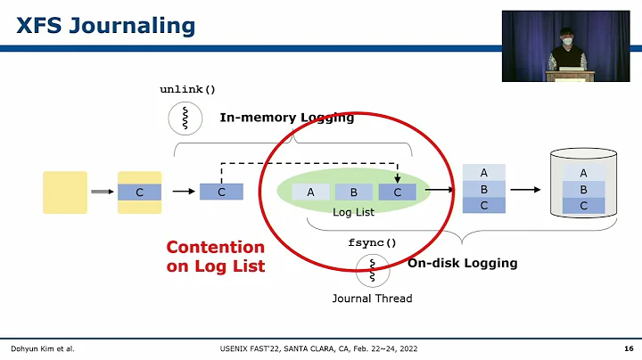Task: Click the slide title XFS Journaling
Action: [x=106, y=26]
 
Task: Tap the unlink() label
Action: [x=187, y=89]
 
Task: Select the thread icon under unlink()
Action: [x=185, y=118]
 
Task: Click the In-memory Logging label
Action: [x=287, y=118]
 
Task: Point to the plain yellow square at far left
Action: [x=65, y=192]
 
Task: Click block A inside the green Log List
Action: [x=310, y=192]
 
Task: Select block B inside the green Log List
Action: [x=353, y=192]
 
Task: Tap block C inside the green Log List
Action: [x=397, y=192]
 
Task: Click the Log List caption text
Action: [x=353, y=212]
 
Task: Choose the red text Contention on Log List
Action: [x=216, y=257]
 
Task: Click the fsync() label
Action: [x=372, y=242]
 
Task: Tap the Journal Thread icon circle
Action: [x=372, y=270]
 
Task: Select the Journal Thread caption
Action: [x=372, y=299]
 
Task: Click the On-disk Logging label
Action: [x=462, y=264]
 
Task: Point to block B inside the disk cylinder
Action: [x=583, y=189]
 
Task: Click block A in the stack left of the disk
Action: [x=483, y=173]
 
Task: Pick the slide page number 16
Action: [x=628, y=348]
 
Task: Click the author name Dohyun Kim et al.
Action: [x=42, y=348]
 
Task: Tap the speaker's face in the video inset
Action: [x=564, y=40]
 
